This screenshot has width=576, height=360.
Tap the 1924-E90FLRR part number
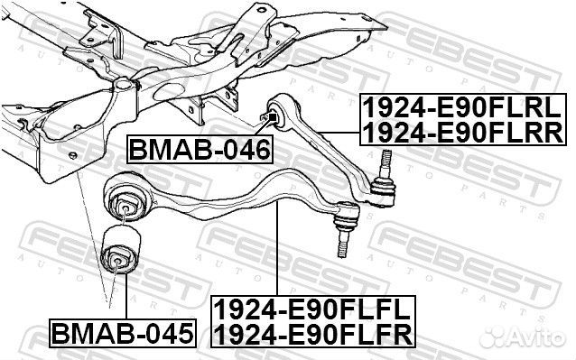[463, 134]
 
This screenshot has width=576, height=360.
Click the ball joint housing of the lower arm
[346, 217]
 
